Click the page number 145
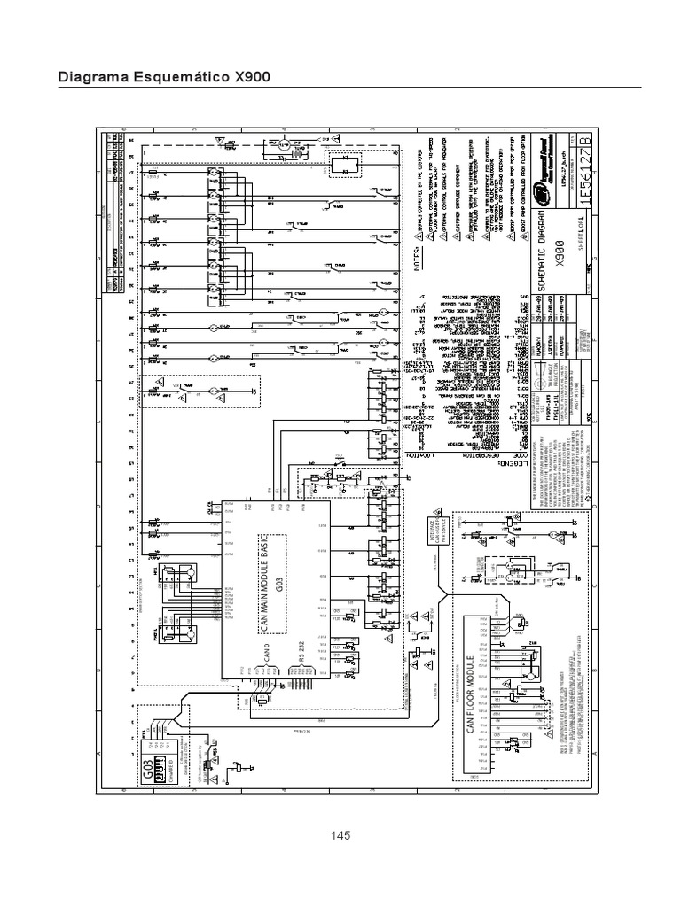tap(341, 835)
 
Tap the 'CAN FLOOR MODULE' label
tap(468, 701)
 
